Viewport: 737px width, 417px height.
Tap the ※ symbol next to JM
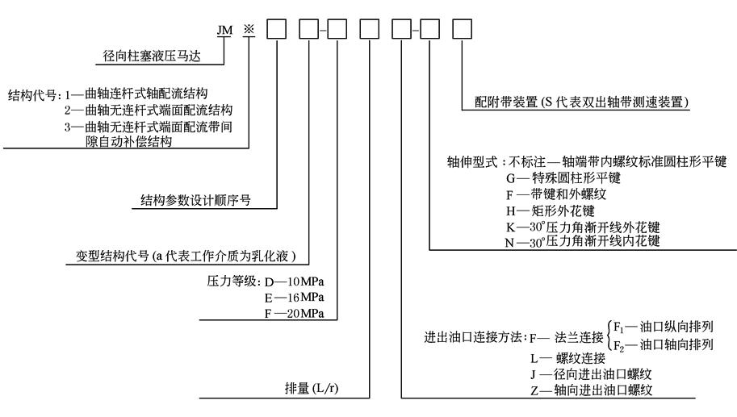pyautogui.click(x=249, y=30)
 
